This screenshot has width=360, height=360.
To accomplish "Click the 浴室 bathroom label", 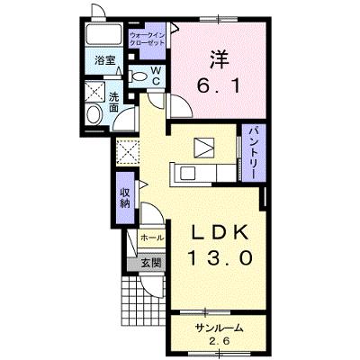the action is coord(104,60).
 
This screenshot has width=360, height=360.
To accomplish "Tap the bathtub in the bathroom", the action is coord(103,34).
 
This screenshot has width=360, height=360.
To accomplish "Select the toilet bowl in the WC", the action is coord(137,76).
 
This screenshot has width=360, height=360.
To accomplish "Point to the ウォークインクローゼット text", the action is coord(147,39).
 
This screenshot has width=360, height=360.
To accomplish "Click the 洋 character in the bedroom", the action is coord(219,59).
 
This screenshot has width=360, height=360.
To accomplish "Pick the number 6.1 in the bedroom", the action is coord(219,86).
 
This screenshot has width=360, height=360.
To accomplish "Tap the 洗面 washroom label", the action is coord(113,103).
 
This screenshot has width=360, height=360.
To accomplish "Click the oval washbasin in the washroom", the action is coord(94,114).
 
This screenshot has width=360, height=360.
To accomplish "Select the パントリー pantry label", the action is coord(254,153).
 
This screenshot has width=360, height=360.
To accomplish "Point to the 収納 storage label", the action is coord(125,198).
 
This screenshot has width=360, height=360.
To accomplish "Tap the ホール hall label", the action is coord(152,238).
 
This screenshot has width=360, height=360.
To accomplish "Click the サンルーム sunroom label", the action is coord(219,328).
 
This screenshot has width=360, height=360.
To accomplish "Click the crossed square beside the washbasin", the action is coord(95,91).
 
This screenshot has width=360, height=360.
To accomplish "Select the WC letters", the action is coord(156,76).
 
